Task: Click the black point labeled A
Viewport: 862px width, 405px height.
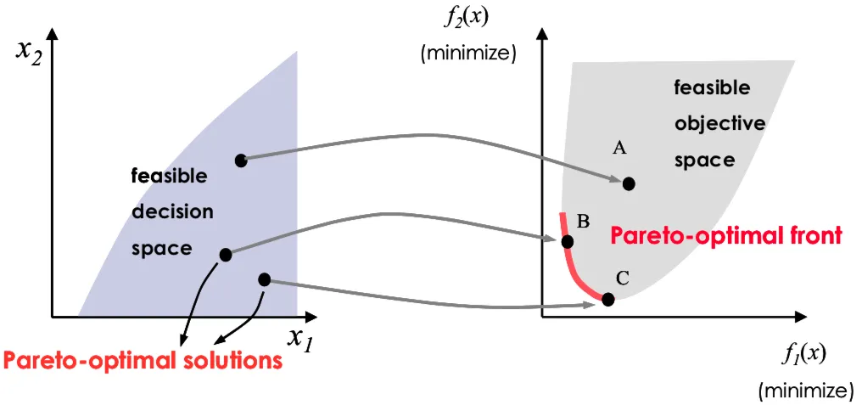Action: coord(629,183)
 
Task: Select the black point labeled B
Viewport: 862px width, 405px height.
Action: coord(568,242)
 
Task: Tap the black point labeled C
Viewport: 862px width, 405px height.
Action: coord(607,300)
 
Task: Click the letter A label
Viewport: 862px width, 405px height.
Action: coord(619,148)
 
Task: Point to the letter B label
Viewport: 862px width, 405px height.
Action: coord(584,222)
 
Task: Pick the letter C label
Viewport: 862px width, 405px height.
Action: coord(622,279)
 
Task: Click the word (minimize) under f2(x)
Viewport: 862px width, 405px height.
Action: coord(467,55)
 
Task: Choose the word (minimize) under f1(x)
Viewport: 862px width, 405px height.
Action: coord(806,391)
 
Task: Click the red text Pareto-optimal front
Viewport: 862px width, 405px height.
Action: coord(726,236)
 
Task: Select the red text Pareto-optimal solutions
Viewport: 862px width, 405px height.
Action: coord(143,361)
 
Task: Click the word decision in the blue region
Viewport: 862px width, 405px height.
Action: coord(172,212)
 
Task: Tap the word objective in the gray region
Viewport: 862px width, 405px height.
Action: coord(719,124)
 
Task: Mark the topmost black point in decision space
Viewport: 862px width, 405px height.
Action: coord(241,160)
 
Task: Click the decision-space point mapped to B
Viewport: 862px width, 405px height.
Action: coord(226,255)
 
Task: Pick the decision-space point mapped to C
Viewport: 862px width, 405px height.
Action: coord(264,279)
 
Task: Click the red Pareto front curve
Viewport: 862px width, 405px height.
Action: coord(572,264)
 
